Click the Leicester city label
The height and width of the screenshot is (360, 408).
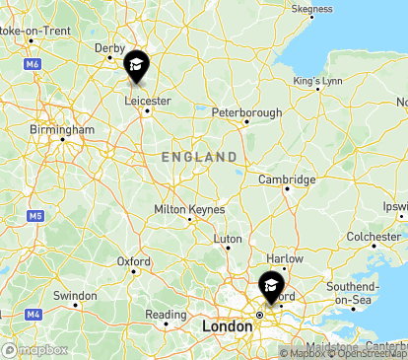(149, 101)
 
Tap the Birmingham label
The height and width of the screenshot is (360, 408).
(62, 129)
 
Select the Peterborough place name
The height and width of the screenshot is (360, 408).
(246, 113)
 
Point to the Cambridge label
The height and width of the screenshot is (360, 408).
(287, 180)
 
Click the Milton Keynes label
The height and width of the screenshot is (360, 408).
(189, 209)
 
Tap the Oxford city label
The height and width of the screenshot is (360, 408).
(133, 261)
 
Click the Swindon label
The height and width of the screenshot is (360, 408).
(75, 296)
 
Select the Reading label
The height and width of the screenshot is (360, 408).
(166, 315)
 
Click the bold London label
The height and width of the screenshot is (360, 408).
(227, 325)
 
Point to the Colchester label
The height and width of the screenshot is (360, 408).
(374, 237)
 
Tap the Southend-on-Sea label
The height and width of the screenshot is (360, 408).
(354, 293)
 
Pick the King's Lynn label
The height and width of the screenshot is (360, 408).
(317, 80)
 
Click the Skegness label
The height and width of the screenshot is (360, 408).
(312, 9)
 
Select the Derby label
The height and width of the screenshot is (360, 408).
(108, 47)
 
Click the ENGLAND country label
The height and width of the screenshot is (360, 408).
(199, 157)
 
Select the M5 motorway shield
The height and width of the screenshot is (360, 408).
(34, 215)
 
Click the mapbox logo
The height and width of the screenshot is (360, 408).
(35, 349)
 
